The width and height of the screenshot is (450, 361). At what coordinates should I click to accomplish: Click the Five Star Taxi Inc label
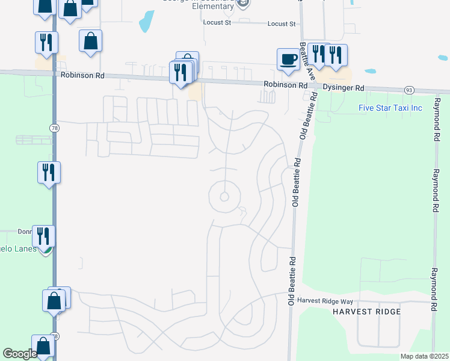click(390, 108)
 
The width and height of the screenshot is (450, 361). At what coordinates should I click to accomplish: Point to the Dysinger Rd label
click(344, 88)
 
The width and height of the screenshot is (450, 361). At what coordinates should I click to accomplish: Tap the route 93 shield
click(408, 90)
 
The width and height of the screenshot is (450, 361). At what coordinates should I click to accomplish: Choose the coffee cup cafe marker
click(288, 59)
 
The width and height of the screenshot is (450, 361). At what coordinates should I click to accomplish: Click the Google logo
click(20, 353)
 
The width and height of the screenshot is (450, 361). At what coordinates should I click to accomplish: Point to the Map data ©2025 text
click(424, 356)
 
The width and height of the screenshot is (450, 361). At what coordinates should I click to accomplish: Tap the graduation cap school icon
click(242, 4)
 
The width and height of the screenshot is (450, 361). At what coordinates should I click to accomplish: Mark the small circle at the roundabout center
click(224, 197)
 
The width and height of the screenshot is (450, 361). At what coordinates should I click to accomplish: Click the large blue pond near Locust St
click(146, 22)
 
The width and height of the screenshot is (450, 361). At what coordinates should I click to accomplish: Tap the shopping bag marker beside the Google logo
click(43, 346)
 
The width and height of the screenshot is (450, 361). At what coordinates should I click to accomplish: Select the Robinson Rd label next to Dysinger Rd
click(286, 85)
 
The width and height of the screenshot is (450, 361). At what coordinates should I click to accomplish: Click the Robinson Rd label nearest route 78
click(83, 76)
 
